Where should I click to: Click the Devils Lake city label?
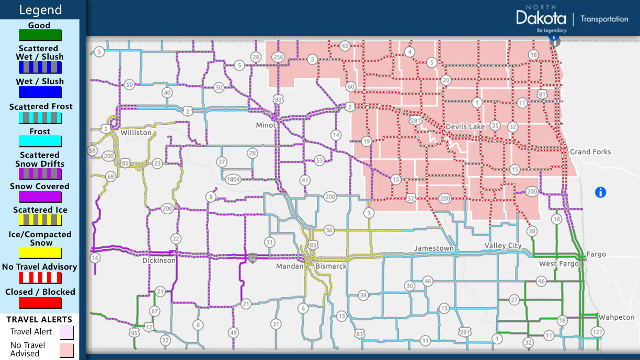coord(465,127)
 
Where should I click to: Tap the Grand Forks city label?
coord(590,152)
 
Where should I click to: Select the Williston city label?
coord(136,133)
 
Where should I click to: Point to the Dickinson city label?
coord(159,260)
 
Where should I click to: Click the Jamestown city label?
coord(433,248)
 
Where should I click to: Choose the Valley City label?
coord(503,246)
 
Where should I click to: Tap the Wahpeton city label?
coord(616,317)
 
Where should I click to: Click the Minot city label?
coord(266,125)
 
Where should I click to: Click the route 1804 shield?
coord(234,179)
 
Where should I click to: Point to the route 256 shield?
coord(278,57)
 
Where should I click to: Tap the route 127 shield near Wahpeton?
coord(598,331)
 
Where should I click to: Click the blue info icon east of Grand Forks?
coord(600,192)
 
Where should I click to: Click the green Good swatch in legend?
coord(40,36)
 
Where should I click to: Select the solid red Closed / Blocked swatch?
coord(40,303)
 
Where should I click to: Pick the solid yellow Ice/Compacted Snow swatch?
coord(40,253)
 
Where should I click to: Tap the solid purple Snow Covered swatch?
coord(40,196)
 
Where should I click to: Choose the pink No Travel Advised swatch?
coord(66,351)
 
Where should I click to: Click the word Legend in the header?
coord(40,10)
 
